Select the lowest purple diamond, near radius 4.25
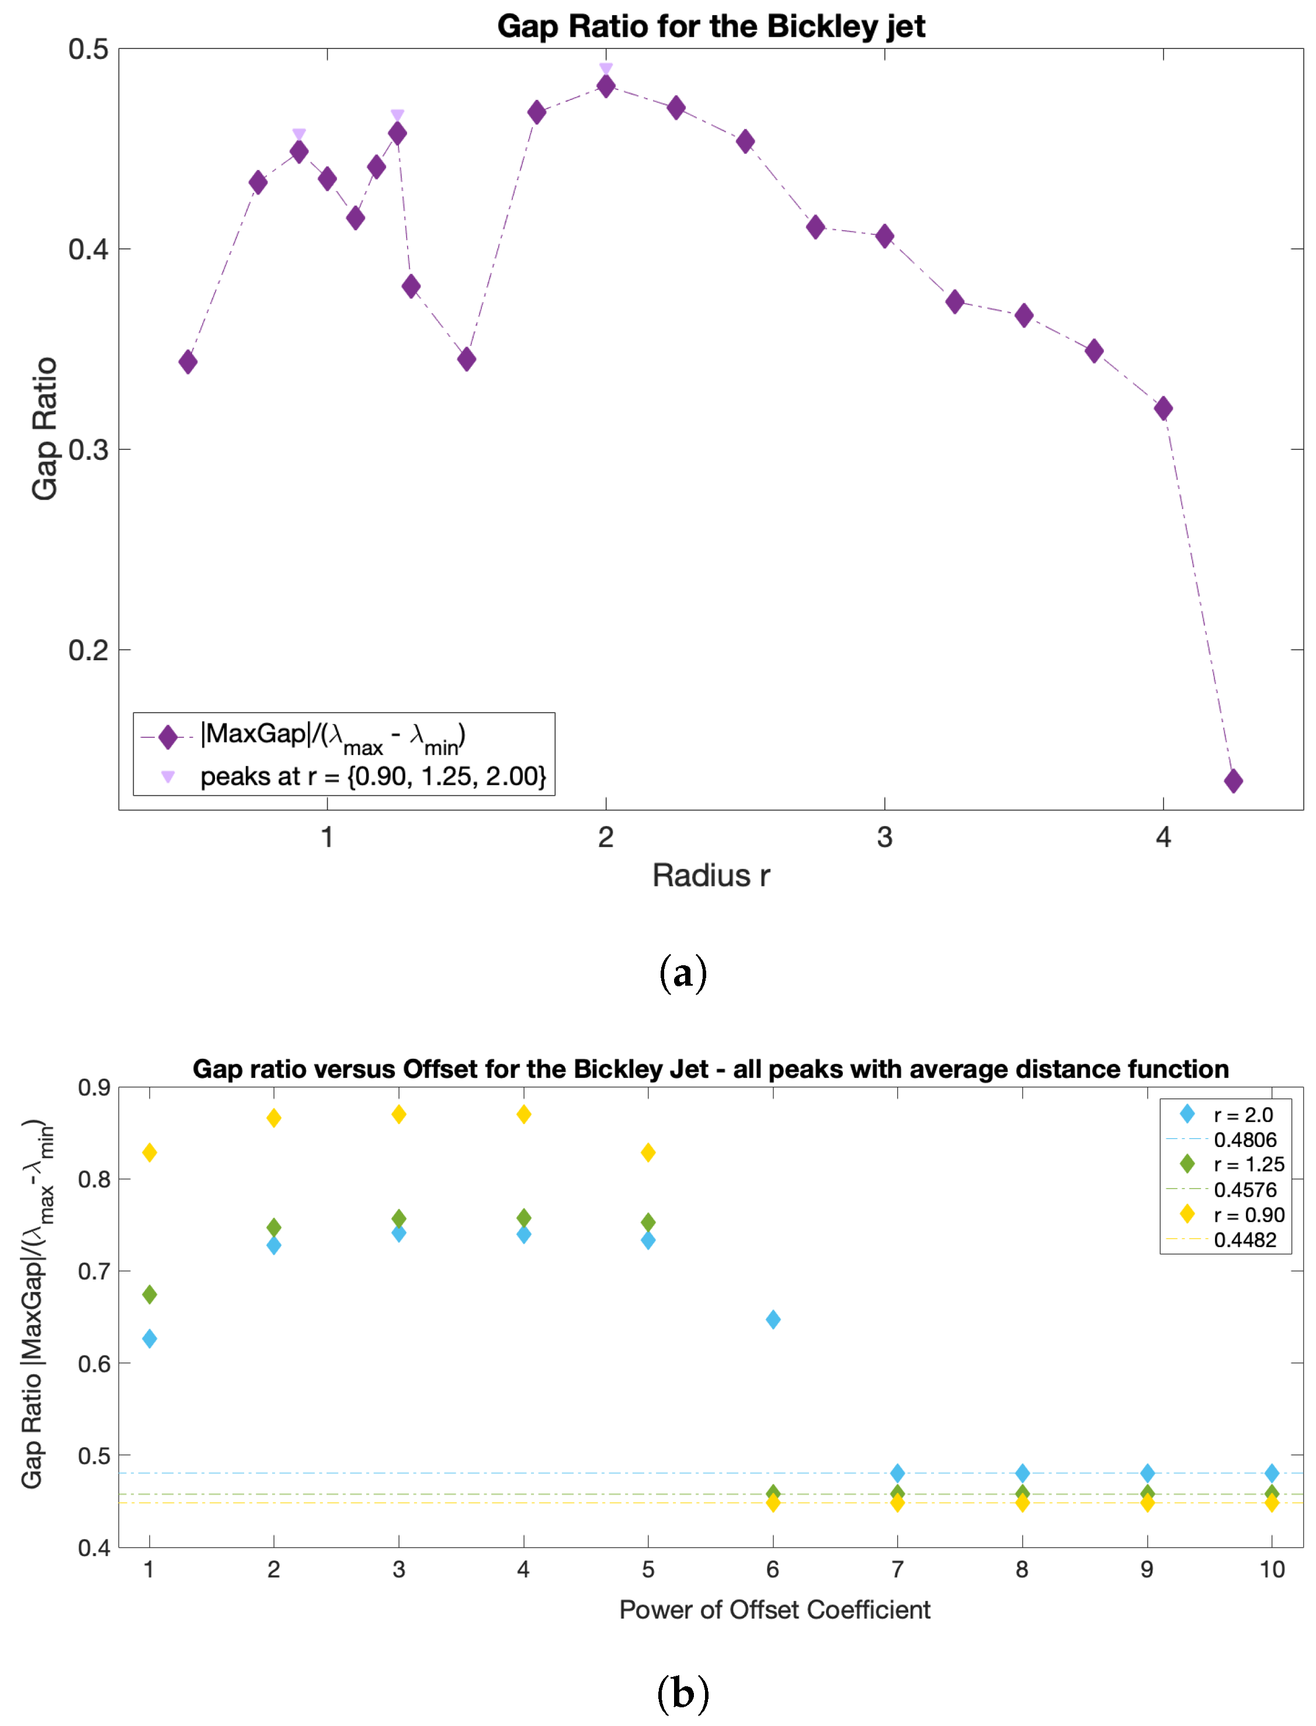pos(1233,781)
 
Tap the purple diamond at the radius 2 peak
pos(606,86)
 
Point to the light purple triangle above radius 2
pos(606,69)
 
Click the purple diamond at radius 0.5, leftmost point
pos(188,362)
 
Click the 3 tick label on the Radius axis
pos(884,837)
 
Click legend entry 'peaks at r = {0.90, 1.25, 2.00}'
pos(372,777)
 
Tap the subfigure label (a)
pos(683,973)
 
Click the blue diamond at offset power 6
pos(772,1319)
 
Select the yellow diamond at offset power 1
pos(150,1152)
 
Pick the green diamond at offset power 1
pos(150,1294)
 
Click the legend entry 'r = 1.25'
pos(1249,1165)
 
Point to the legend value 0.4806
pos(1245,1140)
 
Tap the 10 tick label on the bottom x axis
pos(1272,1569)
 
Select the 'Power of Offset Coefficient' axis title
pos(774,1610)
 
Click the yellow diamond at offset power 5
pos(648,1152)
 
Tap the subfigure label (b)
pos(683,1694)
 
